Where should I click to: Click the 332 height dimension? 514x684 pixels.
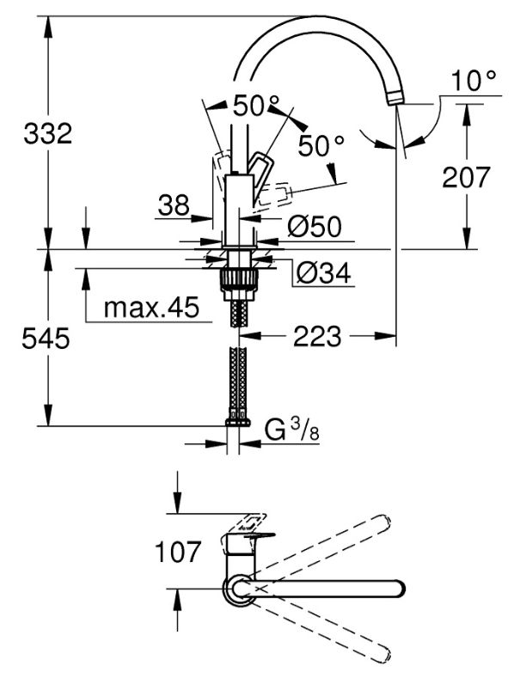pos(47,133)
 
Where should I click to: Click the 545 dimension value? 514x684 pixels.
pos(46,338)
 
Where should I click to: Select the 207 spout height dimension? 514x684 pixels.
pos(466,177)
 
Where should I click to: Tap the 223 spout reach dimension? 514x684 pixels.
pos(317,336)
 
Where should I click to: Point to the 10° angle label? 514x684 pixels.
pos(474,81)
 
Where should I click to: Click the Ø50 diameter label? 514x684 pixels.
pos(315,227)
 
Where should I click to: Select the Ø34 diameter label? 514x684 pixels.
pos(324,274)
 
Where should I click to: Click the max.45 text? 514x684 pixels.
pos(151,308)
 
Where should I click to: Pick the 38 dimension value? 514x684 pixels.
pos(174,205)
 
